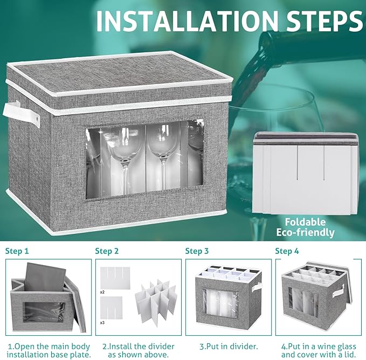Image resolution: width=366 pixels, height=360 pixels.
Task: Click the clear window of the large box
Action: coord(144,160)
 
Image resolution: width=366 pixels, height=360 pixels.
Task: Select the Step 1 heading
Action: coord(17,251)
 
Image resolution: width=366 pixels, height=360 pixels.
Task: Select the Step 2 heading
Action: coord(107,251)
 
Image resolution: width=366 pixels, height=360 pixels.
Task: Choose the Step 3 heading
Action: coord(197,251)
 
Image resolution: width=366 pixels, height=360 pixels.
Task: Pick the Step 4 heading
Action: coord(287,251)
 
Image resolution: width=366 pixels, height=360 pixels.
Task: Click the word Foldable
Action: coord(305,222)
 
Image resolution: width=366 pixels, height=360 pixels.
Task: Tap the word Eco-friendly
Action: coord(305,232)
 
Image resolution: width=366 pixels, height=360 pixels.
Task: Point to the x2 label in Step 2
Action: coord(102,292)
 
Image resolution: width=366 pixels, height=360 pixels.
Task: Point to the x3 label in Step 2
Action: coord(102,322)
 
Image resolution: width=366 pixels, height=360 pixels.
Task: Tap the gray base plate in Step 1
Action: coord(45,277)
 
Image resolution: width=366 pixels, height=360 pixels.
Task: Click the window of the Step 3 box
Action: coord(220,304)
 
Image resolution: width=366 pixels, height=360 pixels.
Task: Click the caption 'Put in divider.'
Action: coord(229,347)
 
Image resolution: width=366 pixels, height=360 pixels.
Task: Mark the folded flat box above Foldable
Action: coord(306,173)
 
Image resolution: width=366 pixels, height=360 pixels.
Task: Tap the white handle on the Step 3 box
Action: coord(256,288)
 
